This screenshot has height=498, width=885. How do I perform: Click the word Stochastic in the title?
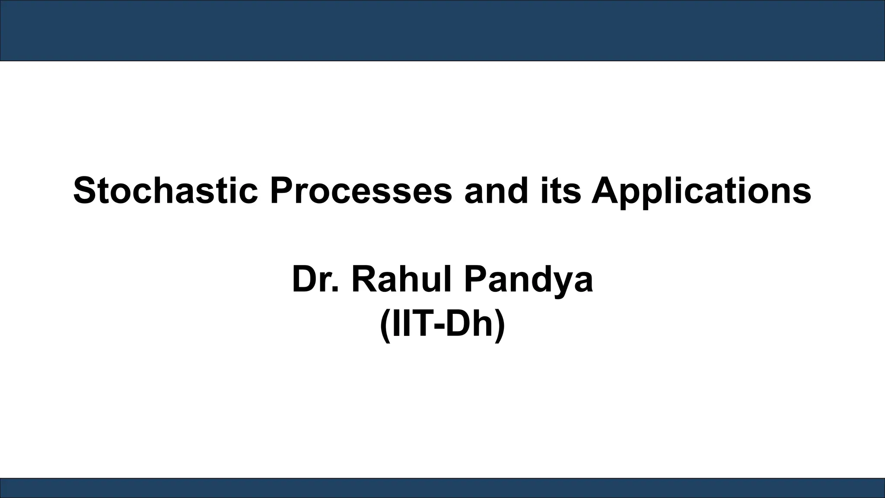pyautogui.click(x=166, y=191)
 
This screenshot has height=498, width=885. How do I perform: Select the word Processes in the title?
pyautogui.click(x=361, y=191)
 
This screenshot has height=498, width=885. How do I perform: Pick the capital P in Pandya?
pyautogui.click(x=475, y=280)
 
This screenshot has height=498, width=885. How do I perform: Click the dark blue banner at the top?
pyautogui.click(x=442, y=30)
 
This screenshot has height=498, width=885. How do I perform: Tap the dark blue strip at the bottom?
pyautogui.click(x=442, y=488)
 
